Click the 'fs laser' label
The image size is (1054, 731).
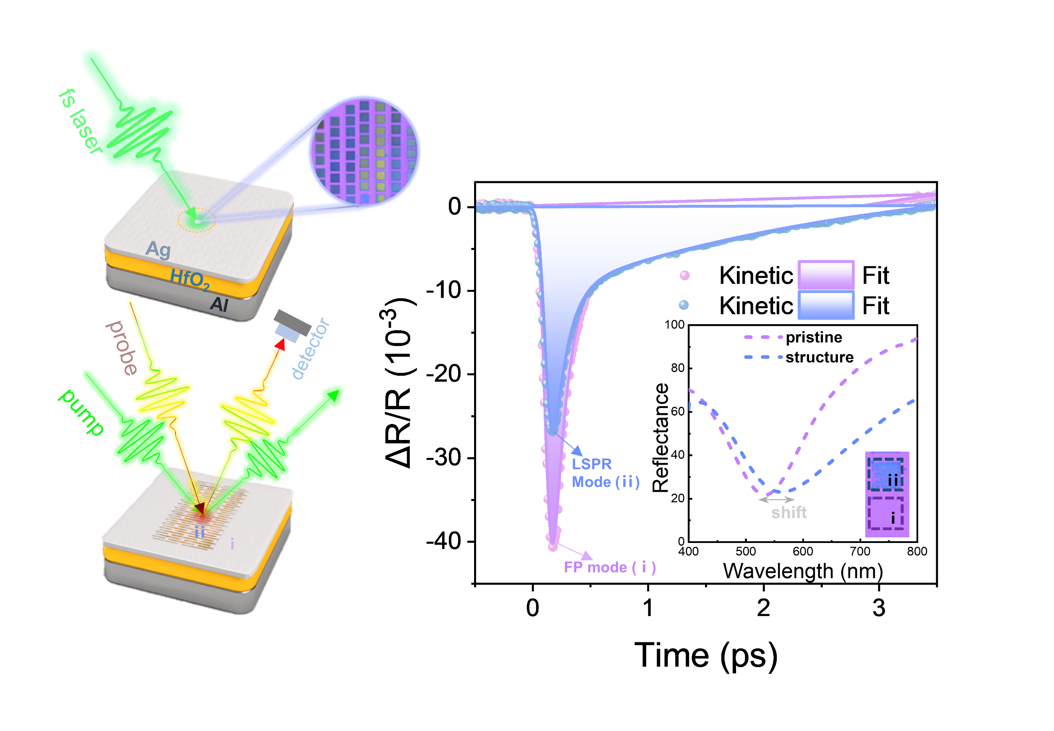pyautogui.click(x=81, y=121)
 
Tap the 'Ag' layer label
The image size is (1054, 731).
pyautogui.click(x=158, y=249)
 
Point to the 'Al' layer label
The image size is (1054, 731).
pyautogui.click(x=219, y=304)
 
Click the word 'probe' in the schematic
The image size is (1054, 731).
pyautogui.click(x=121, y=348)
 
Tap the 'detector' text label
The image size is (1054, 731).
pyautogui.click(x=311, y=349)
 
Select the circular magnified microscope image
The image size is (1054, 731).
pyautogui.click(x=364, y=151)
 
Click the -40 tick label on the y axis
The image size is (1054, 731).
pyautogui.click(x=443, y=541)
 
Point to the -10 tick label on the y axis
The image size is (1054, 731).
pyautogui.click(x=443, y=290)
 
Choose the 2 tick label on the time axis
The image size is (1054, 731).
pyautogui.click(x=763, y=608)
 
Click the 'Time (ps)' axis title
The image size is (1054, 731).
pyautogui.click(x=705, y=656)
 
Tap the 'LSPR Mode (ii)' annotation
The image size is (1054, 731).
pyautogui.click(x=605, y=473)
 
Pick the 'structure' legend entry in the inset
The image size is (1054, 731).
pyautogui.click(x=819, y=357)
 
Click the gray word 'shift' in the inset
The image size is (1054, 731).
pyautogui.click(x=788, y=512)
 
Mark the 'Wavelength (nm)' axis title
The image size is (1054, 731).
pyautogui.click(x=802, y=571)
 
